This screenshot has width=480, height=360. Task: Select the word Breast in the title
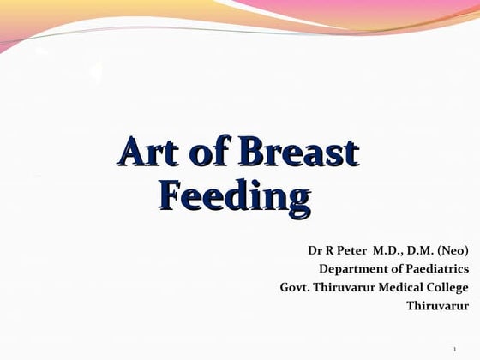click(x=299, y=153)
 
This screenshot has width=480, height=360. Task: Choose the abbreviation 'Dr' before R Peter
click(x=315, y=251)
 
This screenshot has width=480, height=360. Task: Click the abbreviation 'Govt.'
click(x=295, y=287)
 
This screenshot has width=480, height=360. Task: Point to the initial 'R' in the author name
click(x=330, y=251)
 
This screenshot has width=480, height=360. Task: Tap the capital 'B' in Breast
click(x=251, y=153)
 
